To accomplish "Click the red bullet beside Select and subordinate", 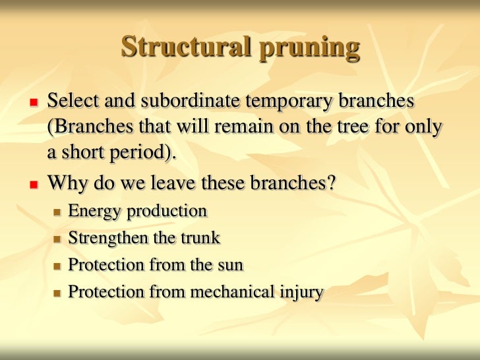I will pos(32,103).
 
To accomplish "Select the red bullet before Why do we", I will pos(32,183).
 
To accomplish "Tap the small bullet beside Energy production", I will pos(57,212).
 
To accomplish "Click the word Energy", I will pos(94,212).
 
